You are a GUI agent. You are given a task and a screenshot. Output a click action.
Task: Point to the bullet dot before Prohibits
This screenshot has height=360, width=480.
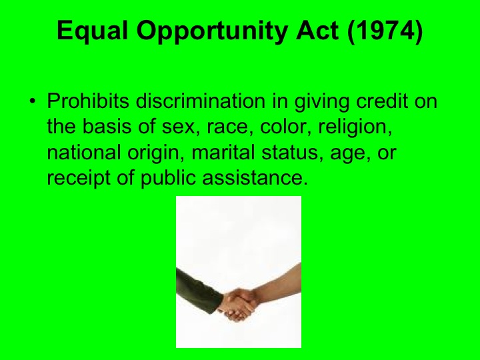(31, 104)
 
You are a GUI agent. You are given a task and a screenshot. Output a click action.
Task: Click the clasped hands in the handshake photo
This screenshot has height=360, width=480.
(237, 304)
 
